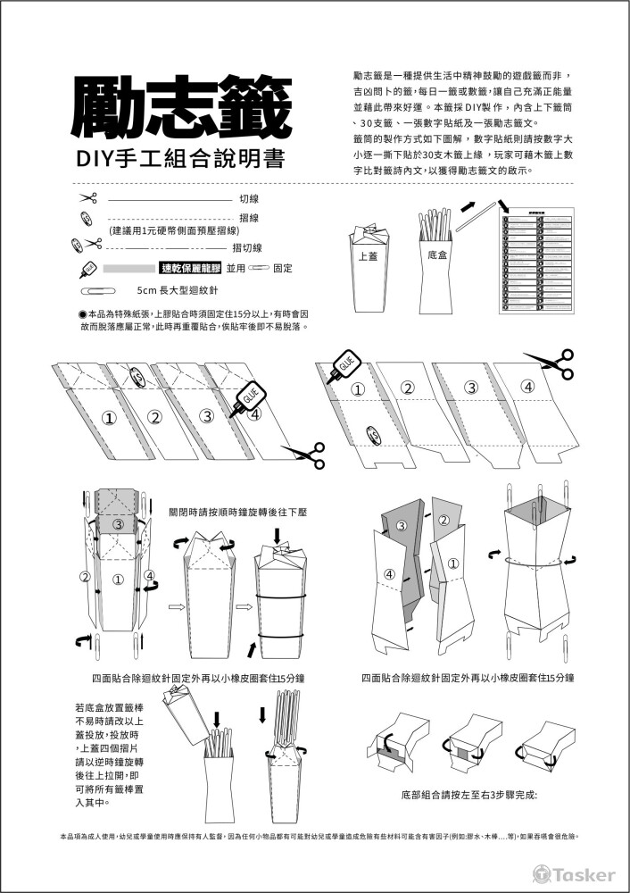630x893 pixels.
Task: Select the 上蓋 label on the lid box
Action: point(367,256)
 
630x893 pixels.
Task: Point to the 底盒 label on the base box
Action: point(437,255)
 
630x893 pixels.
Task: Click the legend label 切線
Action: point(249,198)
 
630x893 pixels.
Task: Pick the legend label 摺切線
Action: point(246,247)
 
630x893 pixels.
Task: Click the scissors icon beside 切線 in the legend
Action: point(87,198)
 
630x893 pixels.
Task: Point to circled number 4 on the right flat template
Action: point(527,387)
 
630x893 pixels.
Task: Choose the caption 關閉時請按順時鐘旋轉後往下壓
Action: point(237,513)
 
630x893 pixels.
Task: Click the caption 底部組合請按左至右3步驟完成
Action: point(468,794)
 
